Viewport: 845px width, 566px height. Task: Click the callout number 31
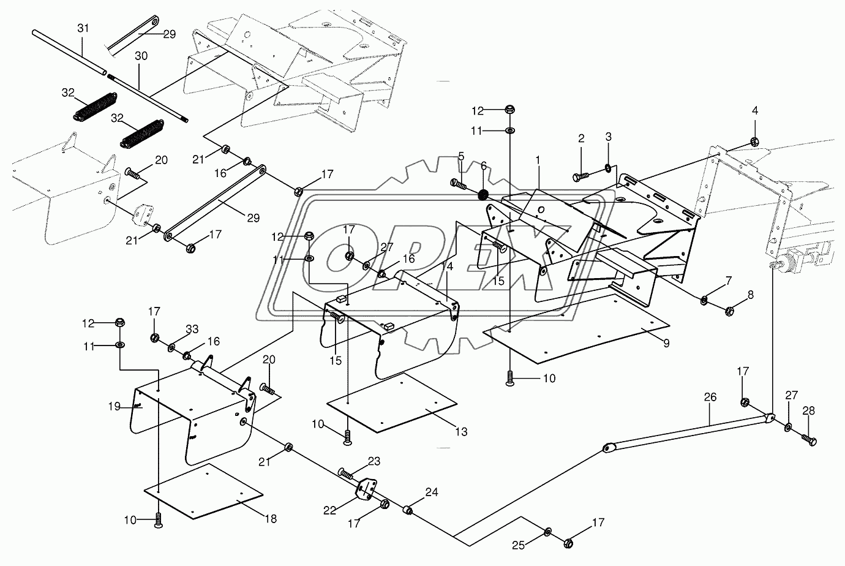tap(83, 28)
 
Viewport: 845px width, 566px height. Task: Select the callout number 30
tap(141, 56)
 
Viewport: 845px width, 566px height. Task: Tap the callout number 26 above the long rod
tap(710, 398)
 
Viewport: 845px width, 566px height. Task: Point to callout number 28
tap(808, 411)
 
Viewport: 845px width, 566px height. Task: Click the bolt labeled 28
tap(809, 440)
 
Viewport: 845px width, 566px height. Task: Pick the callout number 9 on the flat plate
tap(666, 344)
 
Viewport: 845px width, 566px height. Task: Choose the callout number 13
tap(461, 432)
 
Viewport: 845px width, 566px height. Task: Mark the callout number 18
tap(271, 519)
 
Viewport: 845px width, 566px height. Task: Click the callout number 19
tap(114, 407)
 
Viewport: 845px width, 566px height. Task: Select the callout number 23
tap(374, 461)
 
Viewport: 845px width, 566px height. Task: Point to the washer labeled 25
tap(547, 532)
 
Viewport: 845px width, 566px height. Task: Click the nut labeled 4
tap(754, 141)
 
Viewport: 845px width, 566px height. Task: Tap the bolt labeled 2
tap(580, 176)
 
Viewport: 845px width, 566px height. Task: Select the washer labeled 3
tap(608, 168)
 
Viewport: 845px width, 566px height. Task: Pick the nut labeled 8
tap(729, 311)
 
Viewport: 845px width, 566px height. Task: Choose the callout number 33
tap(192, 330)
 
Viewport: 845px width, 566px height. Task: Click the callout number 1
tap(538, 160)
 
